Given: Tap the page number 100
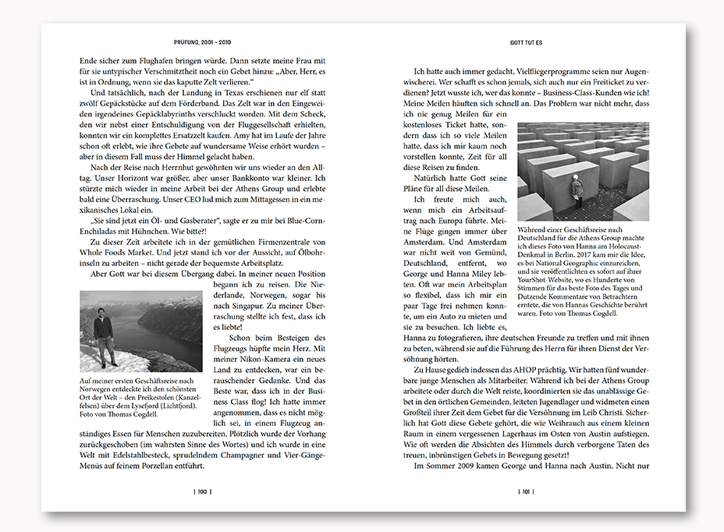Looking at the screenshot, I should pyautogui.click(x=201, y=492).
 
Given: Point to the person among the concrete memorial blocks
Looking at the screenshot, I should pyautogui.click(x=577, y=190).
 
